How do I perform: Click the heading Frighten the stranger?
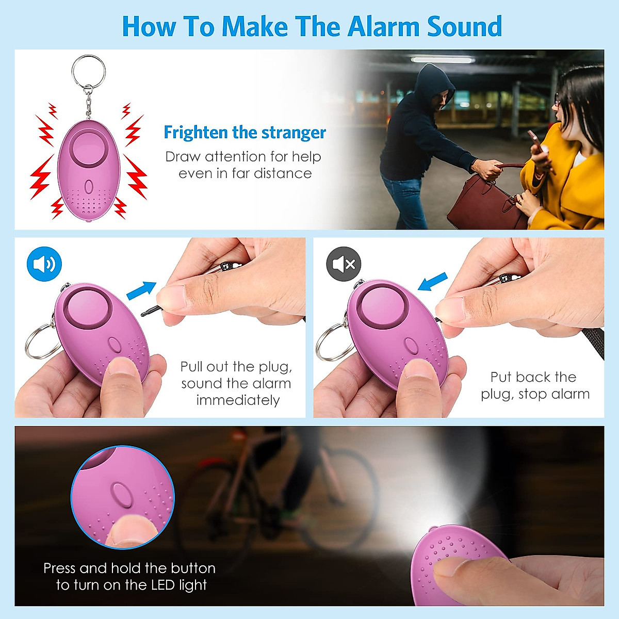[x=245, y=133]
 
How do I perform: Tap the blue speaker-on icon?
[x=44, y=264]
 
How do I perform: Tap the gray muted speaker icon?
[x=344, y=264]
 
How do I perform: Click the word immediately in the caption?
[x=238, y=400]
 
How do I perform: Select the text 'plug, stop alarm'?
[x=535, y=394]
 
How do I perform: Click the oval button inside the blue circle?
[x=120, y=495]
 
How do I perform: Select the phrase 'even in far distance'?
[x=245, y=173]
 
